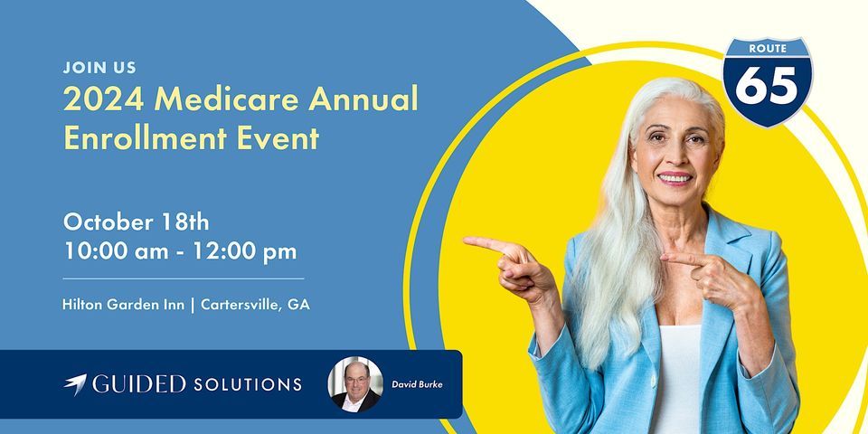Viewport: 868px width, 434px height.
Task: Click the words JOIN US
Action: point(99,68)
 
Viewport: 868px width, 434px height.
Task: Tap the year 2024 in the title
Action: point(104,100)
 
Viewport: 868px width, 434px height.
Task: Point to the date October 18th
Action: point(137,222)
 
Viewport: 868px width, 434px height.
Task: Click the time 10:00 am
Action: point(117,251)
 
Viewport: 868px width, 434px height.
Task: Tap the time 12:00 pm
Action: point(245,251)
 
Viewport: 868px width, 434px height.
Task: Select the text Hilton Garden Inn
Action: point(124,305)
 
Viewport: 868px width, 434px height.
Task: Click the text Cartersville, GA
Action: point(255,305)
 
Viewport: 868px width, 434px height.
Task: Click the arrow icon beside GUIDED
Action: point(75,383)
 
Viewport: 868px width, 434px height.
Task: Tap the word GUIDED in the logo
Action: point(139,384)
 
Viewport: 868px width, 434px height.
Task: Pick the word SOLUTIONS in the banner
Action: point(248,385)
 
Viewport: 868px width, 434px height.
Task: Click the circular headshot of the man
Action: point(355,384)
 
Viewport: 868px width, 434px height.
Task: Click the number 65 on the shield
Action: point(767,86)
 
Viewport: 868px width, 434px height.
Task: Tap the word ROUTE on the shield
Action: point(768,49)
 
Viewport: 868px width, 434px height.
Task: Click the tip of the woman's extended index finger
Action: point(465,241)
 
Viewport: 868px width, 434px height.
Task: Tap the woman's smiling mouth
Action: point(675,178)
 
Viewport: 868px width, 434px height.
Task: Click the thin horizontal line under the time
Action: point(184,278)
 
